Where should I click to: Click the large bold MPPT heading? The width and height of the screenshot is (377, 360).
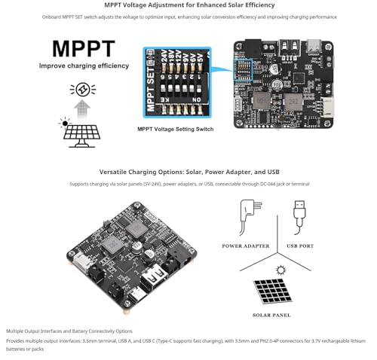(x=83, y=48)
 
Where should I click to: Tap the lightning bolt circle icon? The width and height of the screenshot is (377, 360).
(x=82, y=90)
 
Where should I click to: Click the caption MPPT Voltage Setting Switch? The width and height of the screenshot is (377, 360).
(x=174, y=129)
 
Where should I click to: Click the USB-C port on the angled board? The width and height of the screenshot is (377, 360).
(x=136, y=296)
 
